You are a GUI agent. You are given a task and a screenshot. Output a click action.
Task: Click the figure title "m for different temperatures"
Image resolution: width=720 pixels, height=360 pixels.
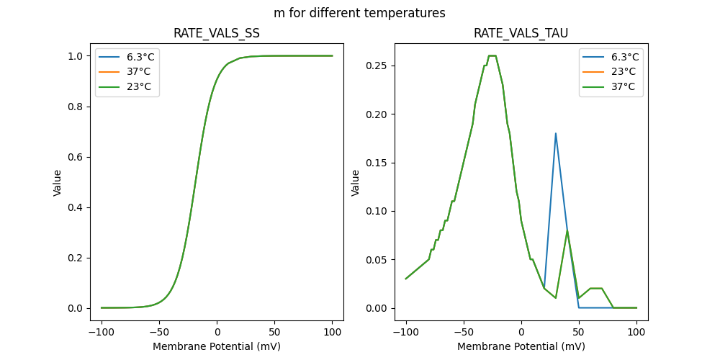[359, 13]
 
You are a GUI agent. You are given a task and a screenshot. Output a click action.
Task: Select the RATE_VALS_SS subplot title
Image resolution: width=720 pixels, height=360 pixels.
[217, 33]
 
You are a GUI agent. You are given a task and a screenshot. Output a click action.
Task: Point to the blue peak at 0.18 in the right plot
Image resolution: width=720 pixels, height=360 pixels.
[556, 133]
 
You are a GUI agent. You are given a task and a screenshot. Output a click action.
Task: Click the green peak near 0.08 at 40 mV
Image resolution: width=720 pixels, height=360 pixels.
[567, 230]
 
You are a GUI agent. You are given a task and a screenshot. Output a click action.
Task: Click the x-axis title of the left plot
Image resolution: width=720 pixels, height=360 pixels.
[217, 346]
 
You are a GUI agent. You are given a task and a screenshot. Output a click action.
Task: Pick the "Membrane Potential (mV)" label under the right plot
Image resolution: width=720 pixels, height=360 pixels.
[521, 346]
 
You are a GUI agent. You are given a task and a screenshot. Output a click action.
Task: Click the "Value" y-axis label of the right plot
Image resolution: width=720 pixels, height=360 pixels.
[356, 183]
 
